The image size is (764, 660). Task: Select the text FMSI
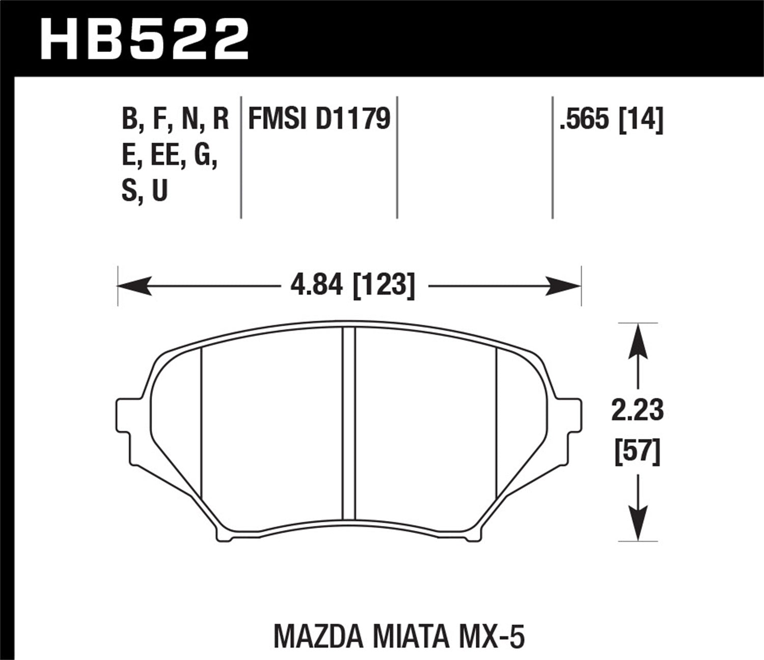tap(278, 119)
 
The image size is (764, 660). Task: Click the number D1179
tap(353, 119)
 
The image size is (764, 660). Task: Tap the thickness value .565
tap(584, 120)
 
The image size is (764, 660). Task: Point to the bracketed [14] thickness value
tap(640, 120)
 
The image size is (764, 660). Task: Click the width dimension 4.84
tap(318, 285)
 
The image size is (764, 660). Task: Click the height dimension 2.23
tap(638, 410)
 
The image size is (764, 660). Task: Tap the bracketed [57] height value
tap(638, 451)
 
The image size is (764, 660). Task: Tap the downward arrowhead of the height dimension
tap(638, 524)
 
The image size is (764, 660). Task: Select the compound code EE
tap(165, 157)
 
